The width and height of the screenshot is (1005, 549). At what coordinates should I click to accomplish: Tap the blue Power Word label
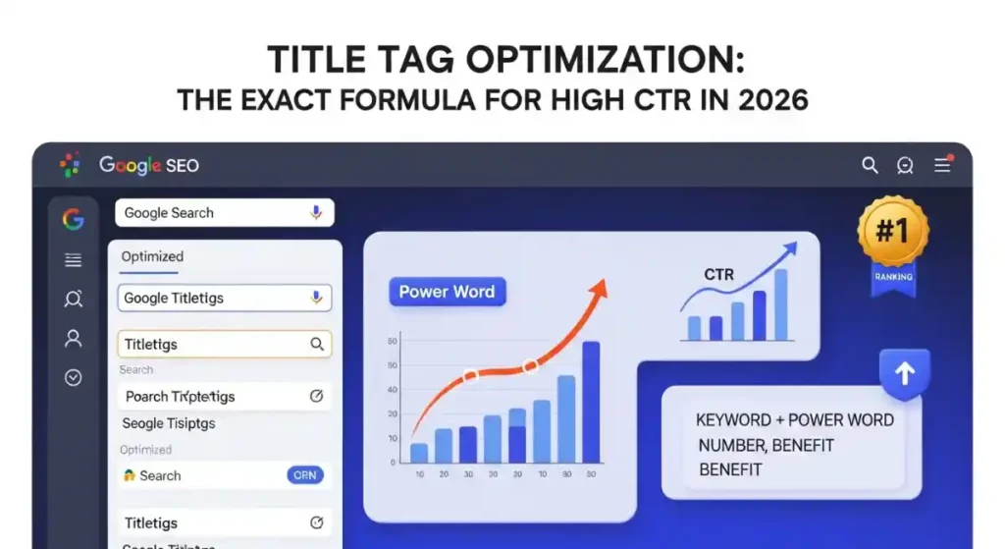click(x=447, y=292)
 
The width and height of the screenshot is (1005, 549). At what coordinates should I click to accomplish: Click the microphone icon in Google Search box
click(x=316, y=213)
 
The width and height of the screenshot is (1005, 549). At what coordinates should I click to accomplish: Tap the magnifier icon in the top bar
click(x=870, y=166)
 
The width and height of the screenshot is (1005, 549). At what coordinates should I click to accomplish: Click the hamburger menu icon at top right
click(x=942, y=165)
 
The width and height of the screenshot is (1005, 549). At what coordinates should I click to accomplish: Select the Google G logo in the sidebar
click(x=73, y=219)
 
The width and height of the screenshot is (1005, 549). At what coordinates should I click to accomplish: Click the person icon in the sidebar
click(x=73, y=339)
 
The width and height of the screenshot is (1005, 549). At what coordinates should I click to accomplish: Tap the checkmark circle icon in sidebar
click(x=73, y=377)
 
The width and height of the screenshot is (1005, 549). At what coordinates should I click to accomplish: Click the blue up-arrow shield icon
click(x=905, y=374)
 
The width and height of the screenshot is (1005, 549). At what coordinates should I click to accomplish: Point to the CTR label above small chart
click(x=718, y=275)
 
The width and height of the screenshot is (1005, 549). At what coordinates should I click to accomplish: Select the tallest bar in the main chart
click(x=591, y=403)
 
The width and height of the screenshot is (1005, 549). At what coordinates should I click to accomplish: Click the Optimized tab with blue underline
click(x=152, y=256)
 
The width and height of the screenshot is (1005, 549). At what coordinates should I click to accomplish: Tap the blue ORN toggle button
click(x=305, y=475)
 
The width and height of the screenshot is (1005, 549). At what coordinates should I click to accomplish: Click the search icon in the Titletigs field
click(x=316, y=345)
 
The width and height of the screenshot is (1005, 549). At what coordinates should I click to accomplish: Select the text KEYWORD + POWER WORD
click(x=794, y=420)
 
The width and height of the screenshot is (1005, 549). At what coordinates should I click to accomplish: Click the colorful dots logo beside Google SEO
click(x=70, y=165)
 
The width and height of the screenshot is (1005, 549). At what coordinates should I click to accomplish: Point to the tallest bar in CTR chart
click(x=780, y=304)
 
